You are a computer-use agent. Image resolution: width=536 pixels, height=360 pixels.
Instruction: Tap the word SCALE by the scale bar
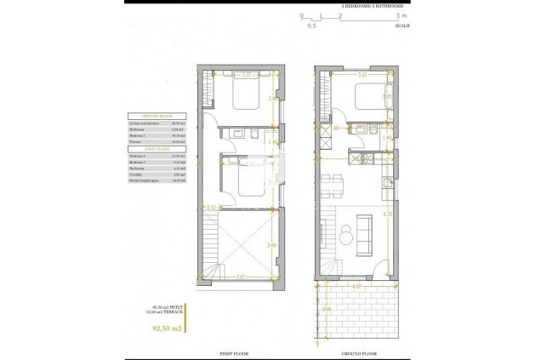tap(402, 26)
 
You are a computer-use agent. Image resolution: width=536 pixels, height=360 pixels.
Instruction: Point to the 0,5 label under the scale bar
tap(311, 26)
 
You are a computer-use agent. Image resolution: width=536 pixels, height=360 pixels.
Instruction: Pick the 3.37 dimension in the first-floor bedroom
tap(248, 76)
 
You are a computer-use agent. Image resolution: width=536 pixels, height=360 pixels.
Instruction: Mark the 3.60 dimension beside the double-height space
tap(271, 246)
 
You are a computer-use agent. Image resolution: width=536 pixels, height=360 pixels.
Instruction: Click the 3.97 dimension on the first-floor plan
tap(242, 277)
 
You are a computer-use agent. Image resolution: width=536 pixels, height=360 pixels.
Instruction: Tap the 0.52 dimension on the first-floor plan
tap(211, 207)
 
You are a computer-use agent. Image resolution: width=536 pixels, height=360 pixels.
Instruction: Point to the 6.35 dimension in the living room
tap(388, 214)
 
